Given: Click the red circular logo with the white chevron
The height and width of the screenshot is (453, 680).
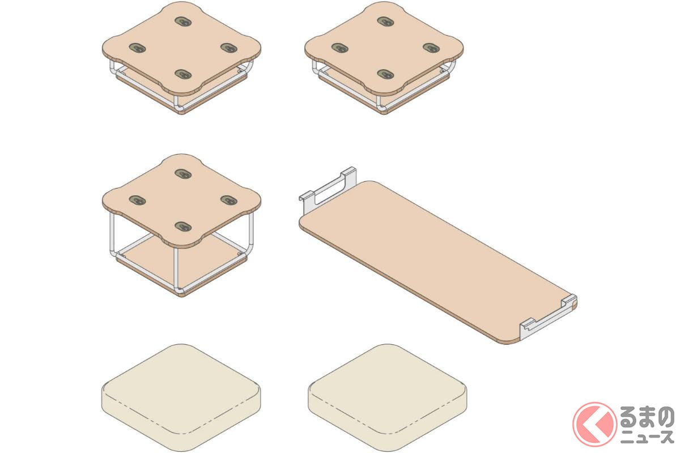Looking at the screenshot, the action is click(x=594, y=424).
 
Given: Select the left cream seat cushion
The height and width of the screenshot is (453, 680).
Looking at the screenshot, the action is click(x=181, y=398).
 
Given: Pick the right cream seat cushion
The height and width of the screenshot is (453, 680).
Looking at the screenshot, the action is click(x=388, y=398).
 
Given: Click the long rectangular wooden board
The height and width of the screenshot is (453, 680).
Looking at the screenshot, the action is click(x=437, y=262).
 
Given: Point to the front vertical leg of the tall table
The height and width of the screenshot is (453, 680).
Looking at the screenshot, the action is click(x=176, y=268).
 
